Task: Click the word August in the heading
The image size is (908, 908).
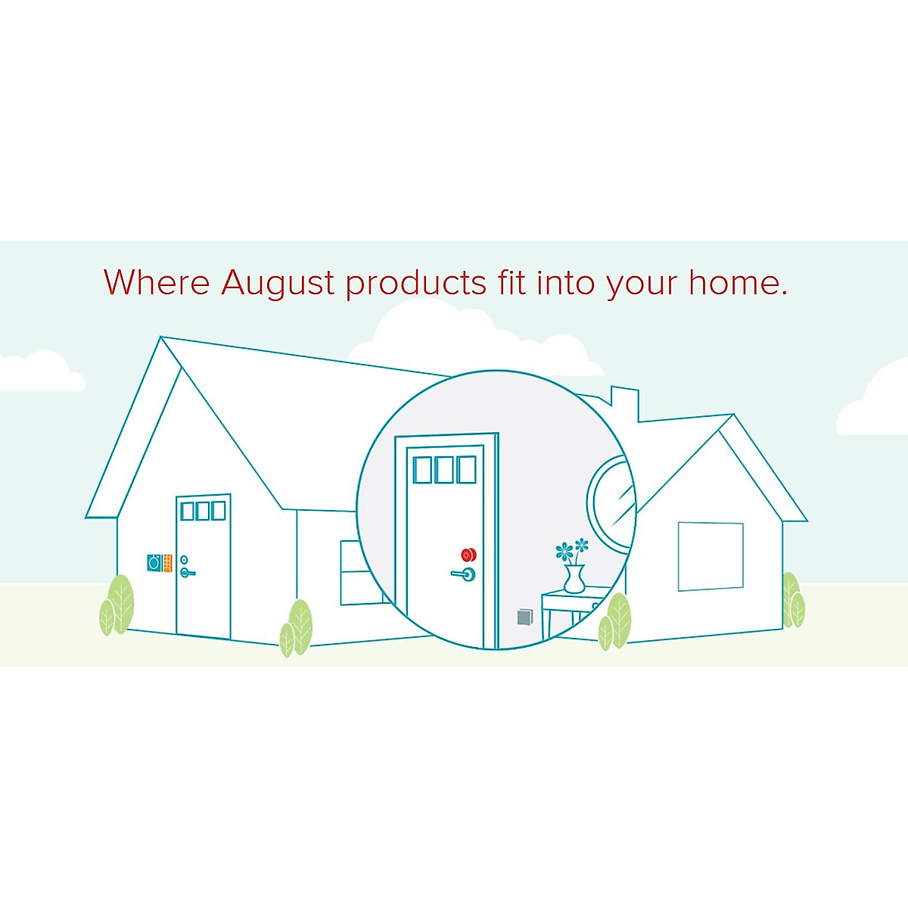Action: pos(278,283)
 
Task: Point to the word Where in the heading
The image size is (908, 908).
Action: pos(157,282)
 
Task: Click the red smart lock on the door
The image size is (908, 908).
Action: pos(469,554)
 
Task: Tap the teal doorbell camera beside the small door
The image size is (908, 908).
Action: pos(154,562)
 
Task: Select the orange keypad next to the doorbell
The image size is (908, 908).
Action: pos(167,562)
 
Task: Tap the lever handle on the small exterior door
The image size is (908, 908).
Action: pos(186,573)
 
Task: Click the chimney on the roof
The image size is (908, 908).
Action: pos(625,403)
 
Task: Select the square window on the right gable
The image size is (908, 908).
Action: pos(710,556)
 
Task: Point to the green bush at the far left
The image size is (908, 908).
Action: pos(117,605)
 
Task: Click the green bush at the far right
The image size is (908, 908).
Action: pos(792,602)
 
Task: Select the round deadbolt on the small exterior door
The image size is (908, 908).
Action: pos(184,560)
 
